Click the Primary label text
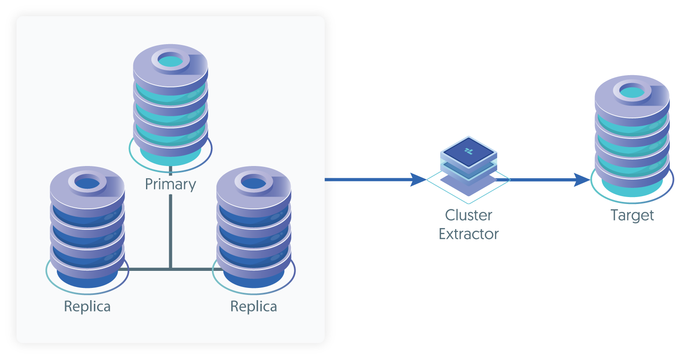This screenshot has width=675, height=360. point(170,184)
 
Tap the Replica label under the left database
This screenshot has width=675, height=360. point(87,307)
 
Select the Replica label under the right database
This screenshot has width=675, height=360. point(254,307)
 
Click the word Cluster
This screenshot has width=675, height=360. point(468,215)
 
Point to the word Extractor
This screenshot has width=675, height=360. point(468,235)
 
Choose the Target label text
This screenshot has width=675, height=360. point(632,216)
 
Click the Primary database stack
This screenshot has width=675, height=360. point(170,105)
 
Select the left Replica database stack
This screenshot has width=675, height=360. point(87,227)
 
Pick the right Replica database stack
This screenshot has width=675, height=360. point(254,227)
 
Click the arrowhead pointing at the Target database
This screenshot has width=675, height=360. point(582,180)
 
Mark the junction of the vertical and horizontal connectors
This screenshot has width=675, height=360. point(170,269)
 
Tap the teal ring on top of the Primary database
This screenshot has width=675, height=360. point(170,60)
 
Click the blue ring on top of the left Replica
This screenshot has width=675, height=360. point(87,183)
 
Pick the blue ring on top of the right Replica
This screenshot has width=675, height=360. point(254,183)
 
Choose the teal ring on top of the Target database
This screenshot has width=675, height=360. point(632,91)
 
